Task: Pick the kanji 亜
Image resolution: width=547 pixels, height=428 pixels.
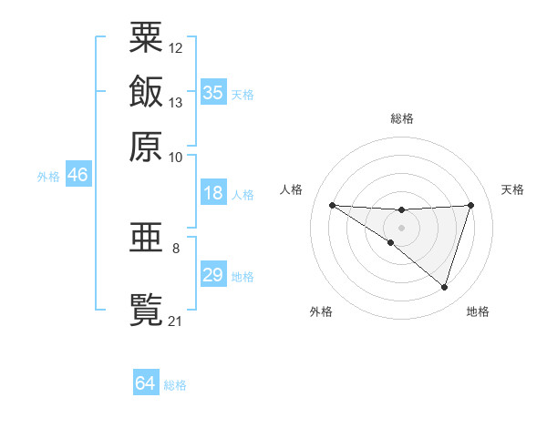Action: [x=146, y=239]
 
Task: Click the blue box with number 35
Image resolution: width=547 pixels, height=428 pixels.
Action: [x=213, y=92]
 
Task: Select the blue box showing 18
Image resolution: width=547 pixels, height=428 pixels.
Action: [x=213, y=193]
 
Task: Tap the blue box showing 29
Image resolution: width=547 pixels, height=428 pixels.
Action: [x=213, y=275]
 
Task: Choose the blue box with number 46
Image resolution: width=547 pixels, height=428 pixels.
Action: [x=77, y=176]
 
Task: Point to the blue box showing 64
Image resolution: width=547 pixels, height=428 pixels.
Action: [x=146, y=383]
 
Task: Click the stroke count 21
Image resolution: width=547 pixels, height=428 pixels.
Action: [x=176, y=321]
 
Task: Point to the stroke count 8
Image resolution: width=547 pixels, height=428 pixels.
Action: [x=176, y=248]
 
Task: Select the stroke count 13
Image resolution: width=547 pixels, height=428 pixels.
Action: [x=176, y=102]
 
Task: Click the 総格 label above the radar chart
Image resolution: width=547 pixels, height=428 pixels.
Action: [x=402, y=118]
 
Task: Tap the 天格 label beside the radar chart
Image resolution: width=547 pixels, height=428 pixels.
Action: [x=512, y=189]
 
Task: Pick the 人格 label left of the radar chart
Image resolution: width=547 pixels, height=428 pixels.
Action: [x=292, y=189]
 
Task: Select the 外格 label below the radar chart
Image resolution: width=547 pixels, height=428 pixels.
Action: [x=321, y=311]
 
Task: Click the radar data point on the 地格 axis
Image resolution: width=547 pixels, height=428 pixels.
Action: [x=445, y=288]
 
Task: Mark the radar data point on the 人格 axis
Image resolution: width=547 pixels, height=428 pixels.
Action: [x=332, y=205]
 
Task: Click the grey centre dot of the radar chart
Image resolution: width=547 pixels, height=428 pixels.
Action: [x=402, y=227]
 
